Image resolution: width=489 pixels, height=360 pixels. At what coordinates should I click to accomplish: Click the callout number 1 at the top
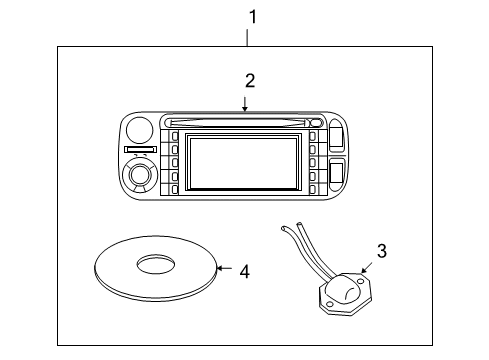(252, 17)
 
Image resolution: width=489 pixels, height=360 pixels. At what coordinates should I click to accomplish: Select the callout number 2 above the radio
(250, 79)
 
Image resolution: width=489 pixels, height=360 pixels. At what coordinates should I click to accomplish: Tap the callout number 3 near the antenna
(380, 251)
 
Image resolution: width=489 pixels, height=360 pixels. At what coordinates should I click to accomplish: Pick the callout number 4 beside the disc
(244, 270)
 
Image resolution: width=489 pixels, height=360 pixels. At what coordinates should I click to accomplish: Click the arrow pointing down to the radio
(244, 103)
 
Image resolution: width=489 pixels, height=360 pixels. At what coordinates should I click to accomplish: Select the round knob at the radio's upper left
(140, 129)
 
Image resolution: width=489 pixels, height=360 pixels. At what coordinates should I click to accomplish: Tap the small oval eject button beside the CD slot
(316, 123)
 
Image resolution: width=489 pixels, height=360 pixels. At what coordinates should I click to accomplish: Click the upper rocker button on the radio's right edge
(336, 134)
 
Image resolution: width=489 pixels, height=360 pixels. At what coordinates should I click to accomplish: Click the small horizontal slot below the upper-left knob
(138, 151)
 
